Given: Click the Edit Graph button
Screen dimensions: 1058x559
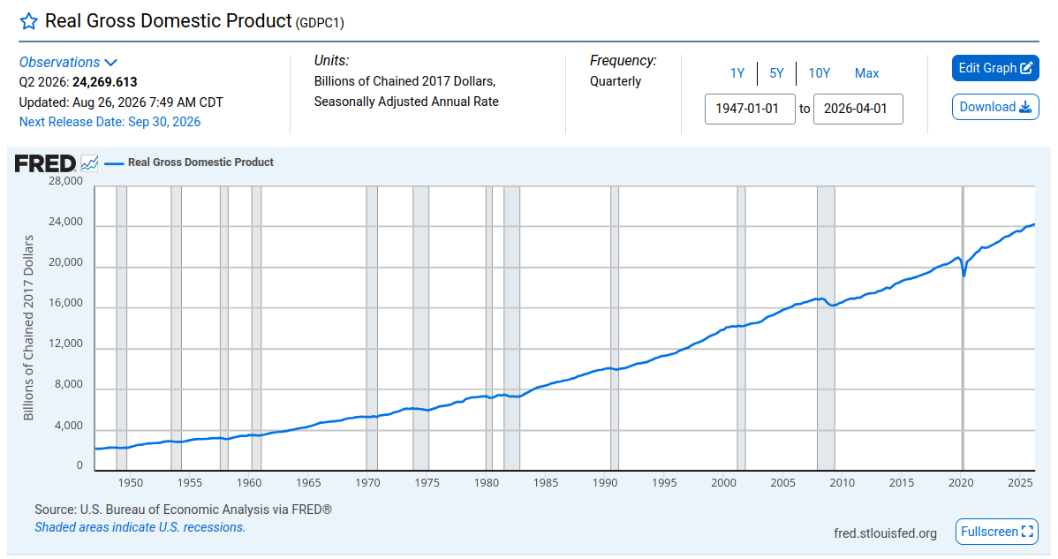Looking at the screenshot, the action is (995, 68).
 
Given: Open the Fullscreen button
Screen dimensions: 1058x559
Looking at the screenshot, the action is (996, 532).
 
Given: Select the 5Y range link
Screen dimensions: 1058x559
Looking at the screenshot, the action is (776, 72).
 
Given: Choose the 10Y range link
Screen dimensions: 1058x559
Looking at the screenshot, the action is (820, 72).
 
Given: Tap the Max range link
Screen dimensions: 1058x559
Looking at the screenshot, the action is (867, 72).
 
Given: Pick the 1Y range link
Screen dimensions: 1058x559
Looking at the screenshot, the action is (737, 72).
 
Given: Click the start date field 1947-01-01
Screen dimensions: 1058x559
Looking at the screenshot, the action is (750, 109).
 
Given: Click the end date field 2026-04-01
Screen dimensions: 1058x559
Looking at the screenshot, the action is (858, 109).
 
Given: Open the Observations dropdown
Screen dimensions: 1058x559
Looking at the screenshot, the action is (68, 62).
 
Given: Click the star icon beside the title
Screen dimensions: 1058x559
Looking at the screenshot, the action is (28, 21).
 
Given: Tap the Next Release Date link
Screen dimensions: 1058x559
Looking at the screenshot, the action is (110, 122).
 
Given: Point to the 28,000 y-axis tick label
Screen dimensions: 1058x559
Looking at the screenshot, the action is (65, 181).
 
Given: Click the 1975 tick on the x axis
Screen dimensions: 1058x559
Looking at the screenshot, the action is (427, 483).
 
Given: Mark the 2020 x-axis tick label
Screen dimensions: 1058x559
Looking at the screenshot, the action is (961, 483).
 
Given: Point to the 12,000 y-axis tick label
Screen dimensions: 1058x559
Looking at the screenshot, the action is (65, 344).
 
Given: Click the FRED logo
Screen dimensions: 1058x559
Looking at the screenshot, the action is (45, 163).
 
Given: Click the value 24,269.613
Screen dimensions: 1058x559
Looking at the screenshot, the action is (104, 82).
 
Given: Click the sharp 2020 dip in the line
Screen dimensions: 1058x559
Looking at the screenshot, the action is (964, 276).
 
